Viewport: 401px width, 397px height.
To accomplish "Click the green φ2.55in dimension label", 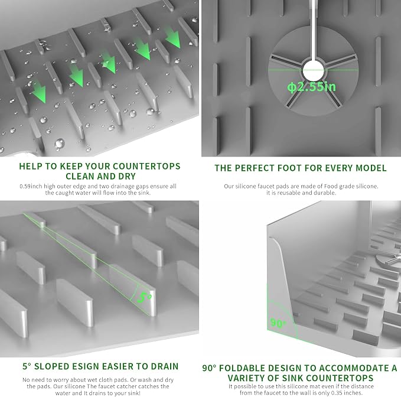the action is [x=311, y=87].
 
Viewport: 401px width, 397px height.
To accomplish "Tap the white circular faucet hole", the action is [x=313, y=71].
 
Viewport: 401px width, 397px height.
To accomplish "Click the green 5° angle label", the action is [x=144, y=298].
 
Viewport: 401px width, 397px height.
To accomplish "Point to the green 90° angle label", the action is [x=278, y=323].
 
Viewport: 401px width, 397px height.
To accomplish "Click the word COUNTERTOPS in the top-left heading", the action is [x=146, y=166].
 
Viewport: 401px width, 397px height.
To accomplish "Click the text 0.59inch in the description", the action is [x=31, y=186].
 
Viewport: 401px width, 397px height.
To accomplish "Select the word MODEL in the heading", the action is [x=371, y=168].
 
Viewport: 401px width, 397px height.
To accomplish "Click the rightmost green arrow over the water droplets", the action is [x=173, y=38].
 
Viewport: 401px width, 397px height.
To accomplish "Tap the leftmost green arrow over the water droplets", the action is [x=39, y=92].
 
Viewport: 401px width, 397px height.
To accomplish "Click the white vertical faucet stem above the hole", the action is [x=314, y=30].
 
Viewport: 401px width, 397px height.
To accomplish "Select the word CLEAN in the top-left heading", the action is [x=80, y=176].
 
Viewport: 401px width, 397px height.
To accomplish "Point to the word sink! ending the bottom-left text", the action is [x=133, y=393].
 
